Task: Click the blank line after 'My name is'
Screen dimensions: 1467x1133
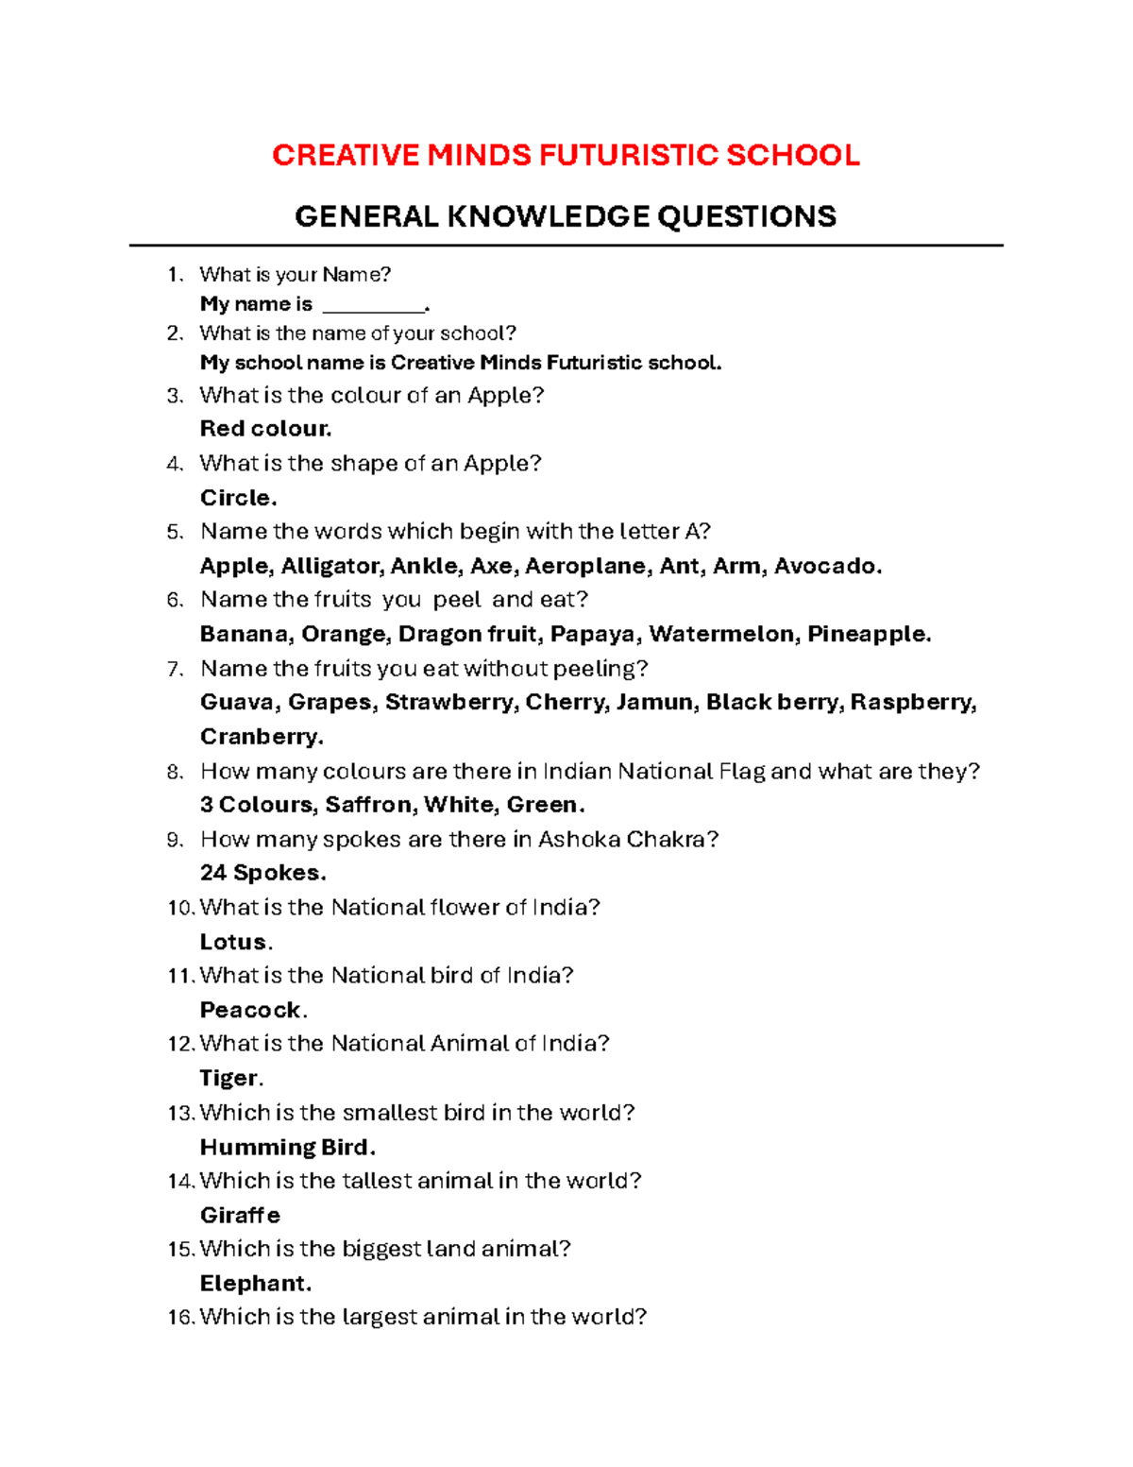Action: pos(374,305)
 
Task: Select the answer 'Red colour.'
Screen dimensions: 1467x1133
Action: pos(265,429)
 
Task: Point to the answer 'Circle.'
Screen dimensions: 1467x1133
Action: pos(238,498)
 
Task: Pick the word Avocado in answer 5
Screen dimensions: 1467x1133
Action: pos(827,566)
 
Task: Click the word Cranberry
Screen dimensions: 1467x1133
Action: pos(262,737)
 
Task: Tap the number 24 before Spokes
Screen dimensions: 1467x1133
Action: pos(213,873)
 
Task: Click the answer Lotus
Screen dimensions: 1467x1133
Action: pos(235,942)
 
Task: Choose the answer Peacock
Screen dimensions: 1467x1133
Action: pos(252,1010)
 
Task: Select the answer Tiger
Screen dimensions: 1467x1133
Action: pos(230,1078)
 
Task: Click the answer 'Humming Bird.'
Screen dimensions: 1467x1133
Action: pos(287,1147)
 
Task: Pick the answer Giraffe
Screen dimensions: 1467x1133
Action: pos(240,1215)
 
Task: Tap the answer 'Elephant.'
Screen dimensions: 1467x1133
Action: pos(255,1284)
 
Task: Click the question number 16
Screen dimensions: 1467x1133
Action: pos(180,1317)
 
